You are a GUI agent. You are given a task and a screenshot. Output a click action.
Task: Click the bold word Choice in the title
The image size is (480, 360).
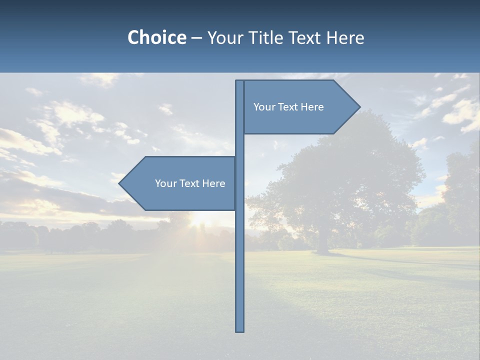(x=156, y=38)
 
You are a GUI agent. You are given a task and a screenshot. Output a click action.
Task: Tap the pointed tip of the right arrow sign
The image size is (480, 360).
(x=358, y=106)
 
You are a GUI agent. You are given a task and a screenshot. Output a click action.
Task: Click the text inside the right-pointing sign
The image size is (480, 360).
(x=288, y=107)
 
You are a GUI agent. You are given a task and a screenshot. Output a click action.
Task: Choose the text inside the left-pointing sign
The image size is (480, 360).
(x=190, y=183)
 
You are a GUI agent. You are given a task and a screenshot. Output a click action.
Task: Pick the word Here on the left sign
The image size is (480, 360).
(x=213, y=183)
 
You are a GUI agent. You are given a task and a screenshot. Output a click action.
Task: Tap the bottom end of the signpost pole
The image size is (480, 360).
(x=240, y=329)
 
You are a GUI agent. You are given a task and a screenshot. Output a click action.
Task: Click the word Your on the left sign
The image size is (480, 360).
(x=165, y=183)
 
